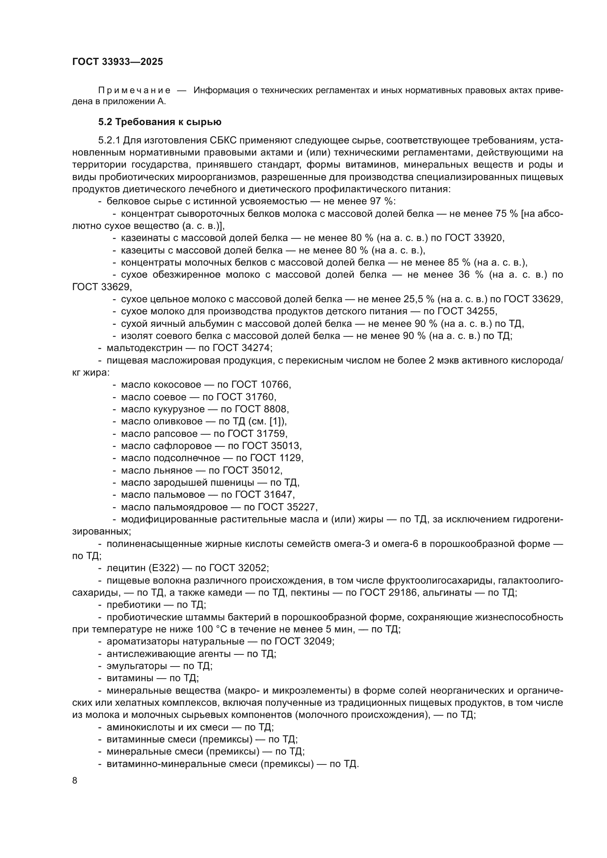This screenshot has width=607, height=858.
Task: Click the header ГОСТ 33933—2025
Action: [x=117, y=62]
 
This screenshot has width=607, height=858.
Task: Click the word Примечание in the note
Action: [x=135, y=91]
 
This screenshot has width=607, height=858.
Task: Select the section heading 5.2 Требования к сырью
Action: [x=160, y=122]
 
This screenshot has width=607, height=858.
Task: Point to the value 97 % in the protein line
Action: [x=381, y=201]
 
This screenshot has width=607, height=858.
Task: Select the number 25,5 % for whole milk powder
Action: [x=419, y=299]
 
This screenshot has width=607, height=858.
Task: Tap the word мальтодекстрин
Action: [x=144, y=348]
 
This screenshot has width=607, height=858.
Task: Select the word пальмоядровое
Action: [x=190, y=507]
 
